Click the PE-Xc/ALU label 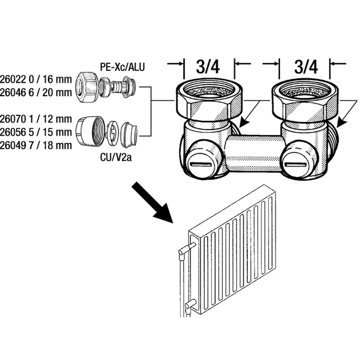[x=123, y=67]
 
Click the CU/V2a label [x=116, y=157]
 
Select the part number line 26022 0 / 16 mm [x=36, y=80]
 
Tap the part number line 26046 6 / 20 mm [x=36, y=92]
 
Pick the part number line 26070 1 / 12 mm [x=36, y=119]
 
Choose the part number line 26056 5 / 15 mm [x=36, y=132]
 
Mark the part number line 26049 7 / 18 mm [x=36, y=145]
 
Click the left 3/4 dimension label [x=208, y=67]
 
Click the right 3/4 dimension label [x=306, y=67]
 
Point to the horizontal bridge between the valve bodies [x=254, y=153]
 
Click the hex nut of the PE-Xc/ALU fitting [x=87, y=88]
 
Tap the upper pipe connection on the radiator [x=187, y=249]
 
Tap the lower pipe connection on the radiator [x=190, y=305]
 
